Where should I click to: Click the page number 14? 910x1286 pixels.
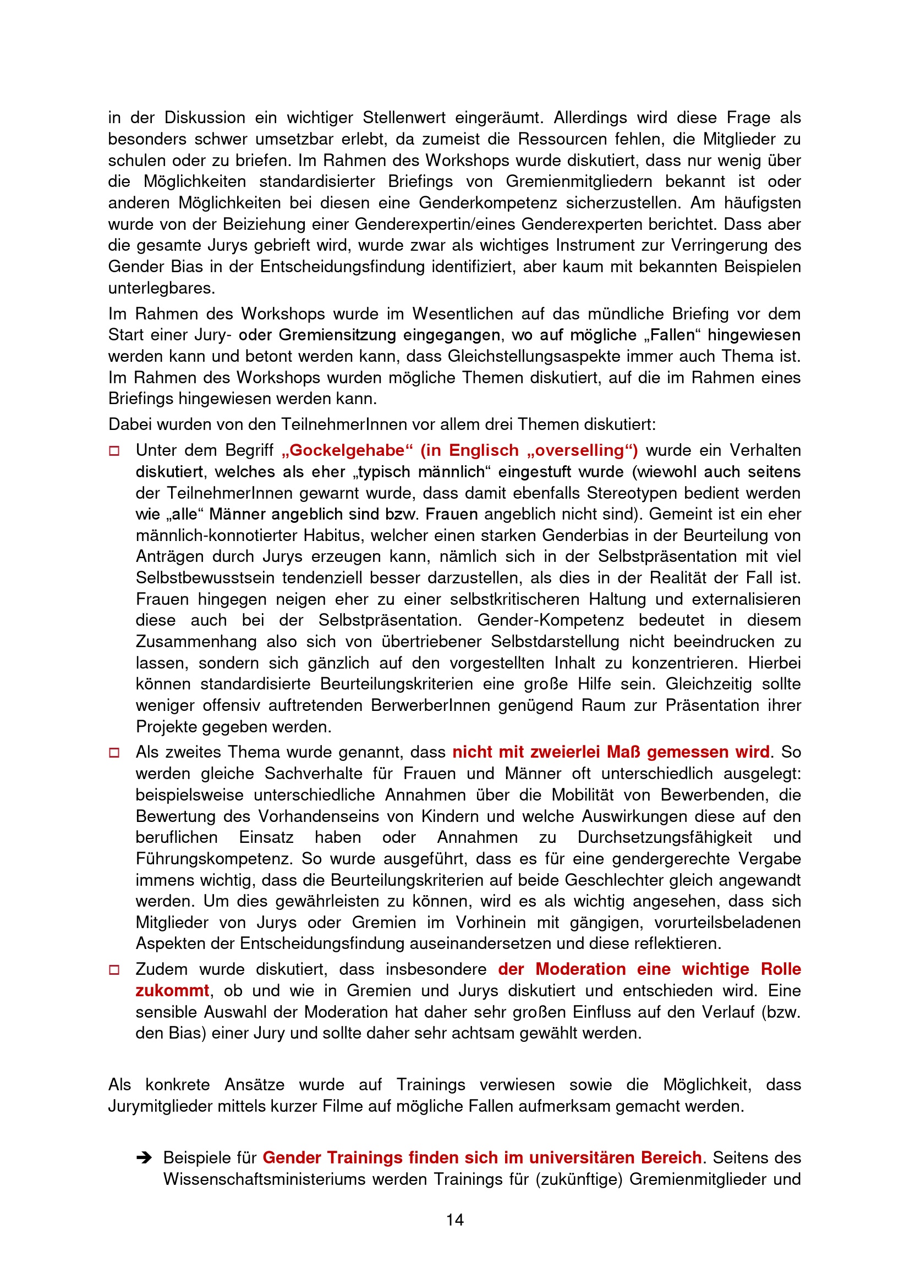[454, 1219]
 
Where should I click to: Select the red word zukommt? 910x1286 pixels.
[172, 990]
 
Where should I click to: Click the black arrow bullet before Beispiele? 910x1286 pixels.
[144, 1158]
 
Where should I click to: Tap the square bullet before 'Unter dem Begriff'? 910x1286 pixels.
[114, 451]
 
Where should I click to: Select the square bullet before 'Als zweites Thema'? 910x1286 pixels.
[114, 753]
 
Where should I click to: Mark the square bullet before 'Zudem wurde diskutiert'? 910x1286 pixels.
[114, 969]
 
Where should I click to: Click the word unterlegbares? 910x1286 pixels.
[161, 288]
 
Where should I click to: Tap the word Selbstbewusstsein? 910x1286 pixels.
[204, 577]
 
